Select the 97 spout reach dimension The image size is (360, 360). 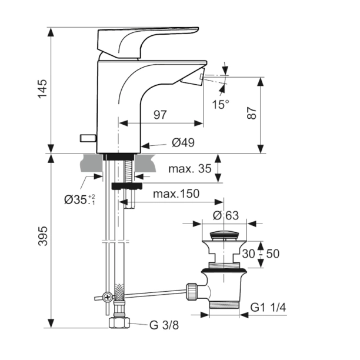click(x=161, y=115)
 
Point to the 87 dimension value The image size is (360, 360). click(x=252, y=114)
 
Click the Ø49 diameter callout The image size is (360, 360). click(x=183, y=142)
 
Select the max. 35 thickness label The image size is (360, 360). click(x=189, y=169)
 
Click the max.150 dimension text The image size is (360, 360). click(x=176, y=194)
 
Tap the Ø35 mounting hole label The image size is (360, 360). click(x=79, y=199)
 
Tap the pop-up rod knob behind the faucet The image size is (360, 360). click(x=87, y=138)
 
